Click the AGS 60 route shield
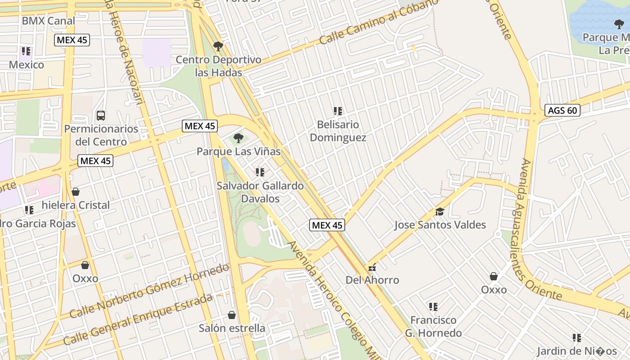562,110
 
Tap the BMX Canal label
49,21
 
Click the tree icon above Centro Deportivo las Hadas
218,46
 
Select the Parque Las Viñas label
238,152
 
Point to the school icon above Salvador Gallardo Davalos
260,172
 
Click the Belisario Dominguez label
338,131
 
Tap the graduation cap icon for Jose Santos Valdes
440,211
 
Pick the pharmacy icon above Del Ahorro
372,267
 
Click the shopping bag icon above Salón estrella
232,315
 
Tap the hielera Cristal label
76,205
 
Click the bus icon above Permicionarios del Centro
101,116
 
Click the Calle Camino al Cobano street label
379,21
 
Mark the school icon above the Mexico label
26,51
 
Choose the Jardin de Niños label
577,351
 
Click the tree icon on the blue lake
619,24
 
